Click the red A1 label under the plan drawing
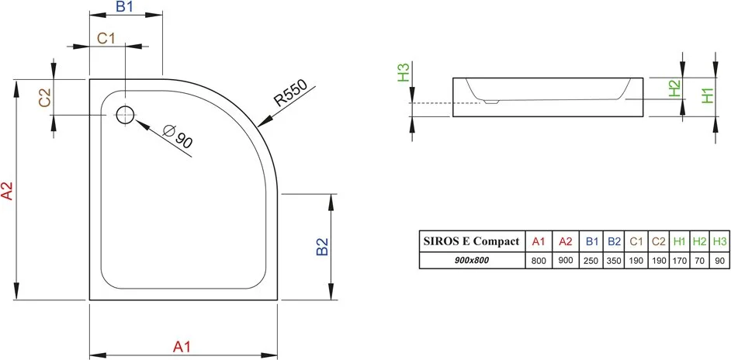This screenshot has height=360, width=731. click(x=182, y=347)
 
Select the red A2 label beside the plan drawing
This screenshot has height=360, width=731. click(x=6, y=190)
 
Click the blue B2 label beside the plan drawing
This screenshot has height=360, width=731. click(x=322, y=247)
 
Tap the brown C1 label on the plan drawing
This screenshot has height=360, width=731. click(x=106, y=38)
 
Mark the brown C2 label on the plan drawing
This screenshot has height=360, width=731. click(x=45, y=98)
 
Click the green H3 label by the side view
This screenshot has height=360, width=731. click(x=404, y=73)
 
